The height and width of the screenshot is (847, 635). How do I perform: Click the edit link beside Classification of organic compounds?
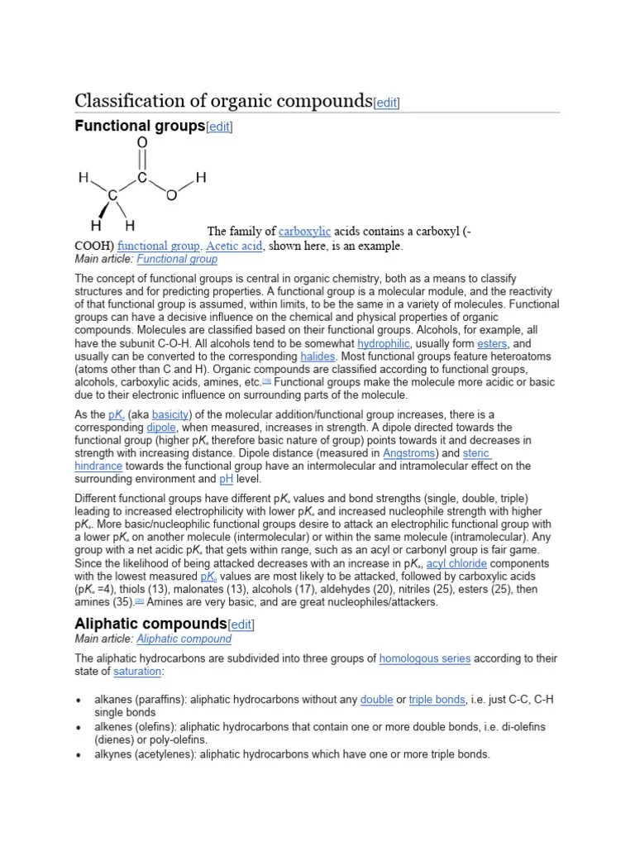pos(386,103)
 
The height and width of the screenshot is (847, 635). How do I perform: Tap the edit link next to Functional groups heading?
pos(219,127)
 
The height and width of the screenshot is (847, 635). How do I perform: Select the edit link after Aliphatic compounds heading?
pos(241,624)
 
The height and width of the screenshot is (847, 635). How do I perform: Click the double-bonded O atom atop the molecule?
pos(142,143)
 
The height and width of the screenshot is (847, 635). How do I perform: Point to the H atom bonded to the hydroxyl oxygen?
pos(201,177)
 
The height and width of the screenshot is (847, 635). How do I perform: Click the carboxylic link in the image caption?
pos(304,232)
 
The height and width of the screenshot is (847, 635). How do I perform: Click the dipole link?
pos(161,427)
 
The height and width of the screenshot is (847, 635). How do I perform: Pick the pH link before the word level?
pos(226,479)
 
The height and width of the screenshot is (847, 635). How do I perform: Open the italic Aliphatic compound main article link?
pos(184,639)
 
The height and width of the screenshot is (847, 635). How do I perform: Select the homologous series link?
pos(424,658)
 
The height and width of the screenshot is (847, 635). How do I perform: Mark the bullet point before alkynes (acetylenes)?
pos(79,755)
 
